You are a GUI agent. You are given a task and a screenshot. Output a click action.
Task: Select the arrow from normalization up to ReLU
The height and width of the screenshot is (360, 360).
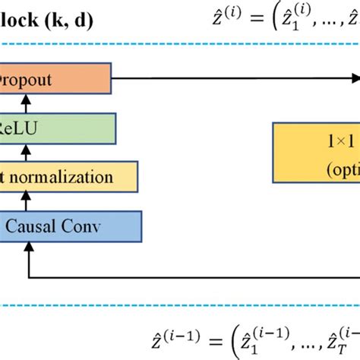27,152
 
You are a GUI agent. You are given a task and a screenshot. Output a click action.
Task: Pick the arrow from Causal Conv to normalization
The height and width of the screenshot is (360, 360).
27,201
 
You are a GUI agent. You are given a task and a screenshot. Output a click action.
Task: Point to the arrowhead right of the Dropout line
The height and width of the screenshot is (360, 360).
353,77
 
